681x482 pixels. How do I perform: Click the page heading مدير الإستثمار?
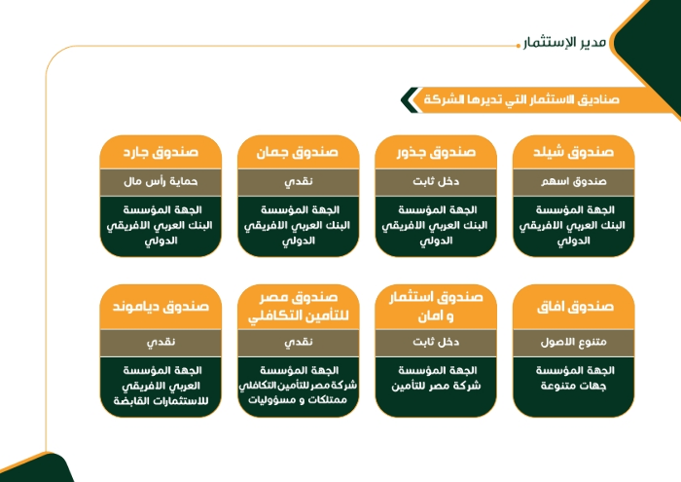tap(564, 43)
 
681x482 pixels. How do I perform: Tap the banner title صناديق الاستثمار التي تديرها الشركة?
tap(521, 99)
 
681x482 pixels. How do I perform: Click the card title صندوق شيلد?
tap(573, 152)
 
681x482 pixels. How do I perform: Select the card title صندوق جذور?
tap(436, 152)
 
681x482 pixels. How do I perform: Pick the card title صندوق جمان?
tap(298, 152)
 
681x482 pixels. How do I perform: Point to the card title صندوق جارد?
tap(161, 152)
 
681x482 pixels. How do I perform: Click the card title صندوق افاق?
tap(575, 307)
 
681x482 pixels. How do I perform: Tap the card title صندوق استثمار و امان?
tap(436, 307)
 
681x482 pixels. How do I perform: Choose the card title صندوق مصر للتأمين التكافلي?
tap(299, 307)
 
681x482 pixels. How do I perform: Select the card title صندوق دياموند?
tap(161, 307)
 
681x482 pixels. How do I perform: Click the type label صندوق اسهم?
tap(574, 181)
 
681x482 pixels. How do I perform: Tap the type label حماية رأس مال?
tap(161, 181)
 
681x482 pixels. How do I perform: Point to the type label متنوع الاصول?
tap(573, 342)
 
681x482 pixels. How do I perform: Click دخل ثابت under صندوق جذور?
tap(436, 181)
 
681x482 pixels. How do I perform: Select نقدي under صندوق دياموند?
tap(161, 343)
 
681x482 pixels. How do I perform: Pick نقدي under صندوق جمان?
tap(299, 182)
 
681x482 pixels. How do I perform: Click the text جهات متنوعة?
tap(573, 386)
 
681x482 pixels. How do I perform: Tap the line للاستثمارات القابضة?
tap(161, 401)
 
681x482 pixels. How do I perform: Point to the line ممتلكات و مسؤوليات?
tap(298, 400)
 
